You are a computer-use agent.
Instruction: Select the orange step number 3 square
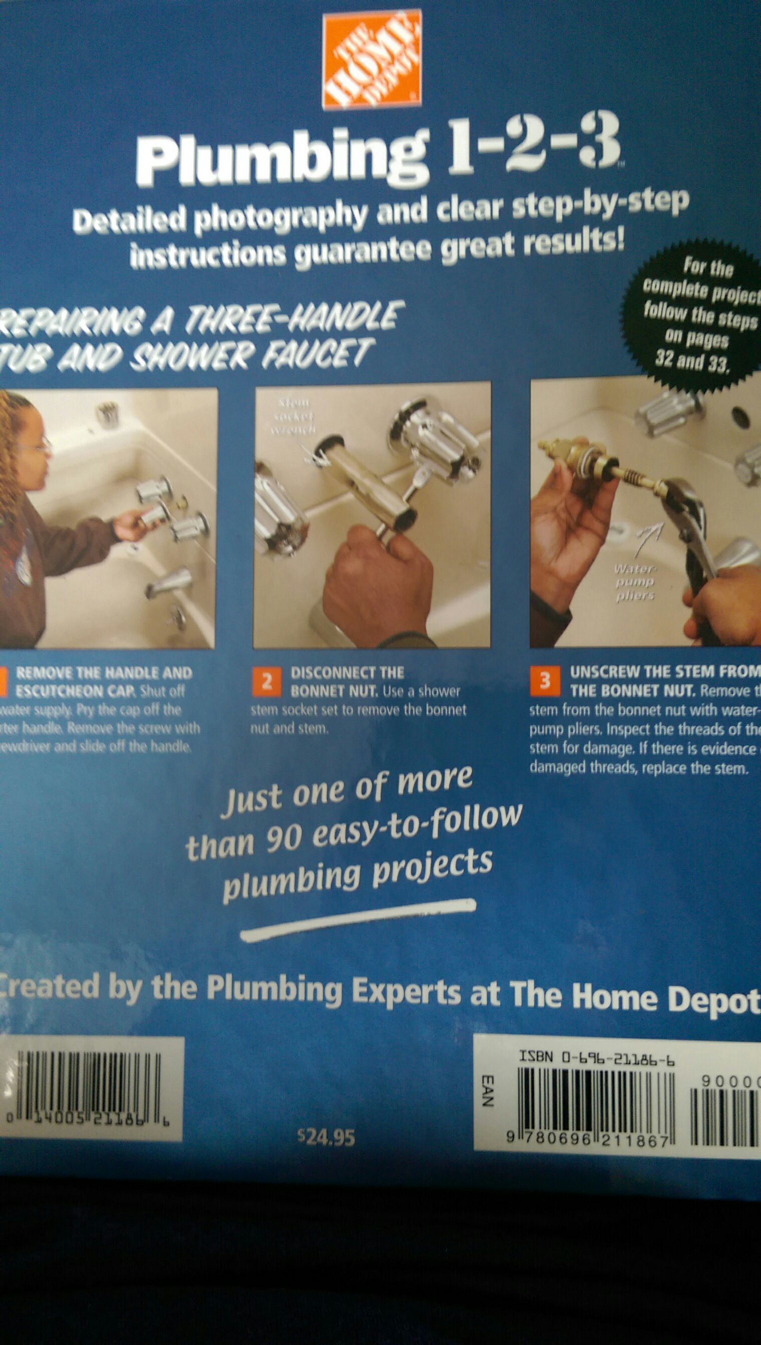tap(545, 682)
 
